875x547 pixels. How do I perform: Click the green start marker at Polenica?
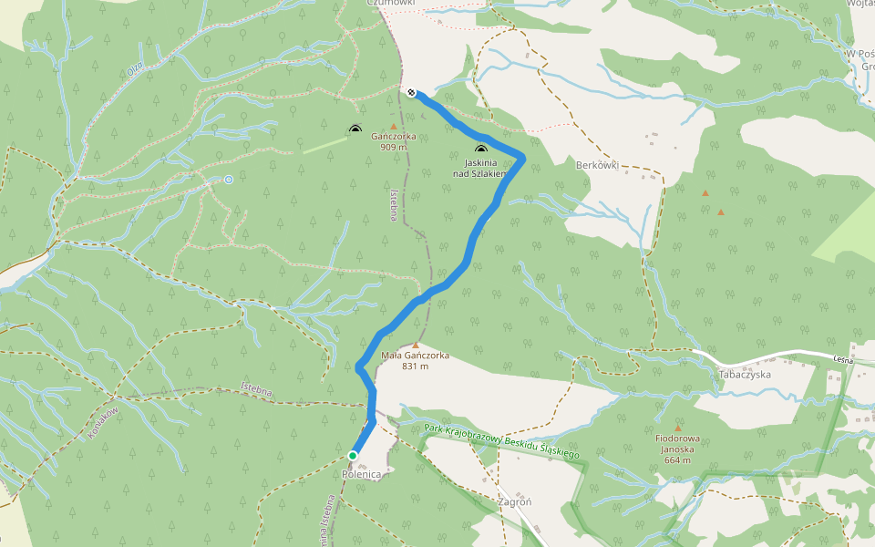[353, 455]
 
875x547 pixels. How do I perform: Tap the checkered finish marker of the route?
[412, 92]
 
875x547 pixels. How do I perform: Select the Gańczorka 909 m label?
[394, 141]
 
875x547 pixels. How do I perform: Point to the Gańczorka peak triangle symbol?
[394, 127]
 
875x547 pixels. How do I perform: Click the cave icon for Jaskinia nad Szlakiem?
[480, 150]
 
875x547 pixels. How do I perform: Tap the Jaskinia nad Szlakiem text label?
[479, 168]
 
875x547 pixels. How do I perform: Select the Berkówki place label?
[598, 165]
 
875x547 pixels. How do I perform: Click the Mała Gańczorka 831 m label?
[415, 361]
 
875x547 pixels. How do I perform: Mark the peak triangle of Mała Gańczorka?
[416, 346]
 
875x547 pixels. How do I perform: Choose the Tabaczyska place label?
[745, 375]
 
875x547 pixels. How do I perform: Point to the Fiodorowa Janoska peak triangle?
[677, 427]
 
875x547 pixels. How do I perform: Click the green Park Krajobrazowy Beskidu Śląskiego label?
[502, 440]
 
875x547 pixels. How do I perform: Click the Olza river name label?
[135, 68]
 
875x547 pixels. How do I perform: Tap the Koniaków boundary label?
[104, 423]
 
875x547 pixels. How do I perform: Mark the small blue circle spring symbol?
[229, 180]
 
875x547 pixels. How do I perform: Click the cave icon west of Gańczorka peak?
[355, 131]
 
